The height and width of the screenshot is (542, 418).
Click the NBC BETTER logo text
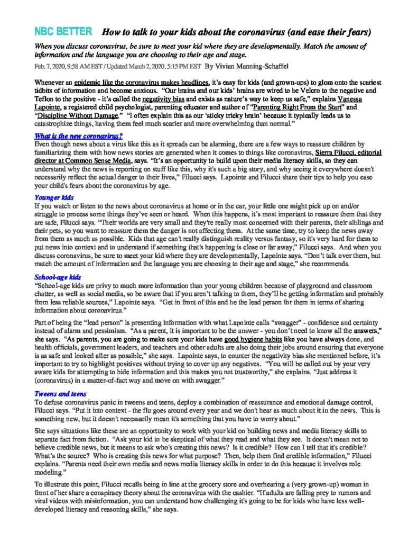tap(63, 32)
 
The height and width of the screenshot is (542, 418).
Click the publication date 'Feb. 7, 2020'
tap(51, 67)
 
